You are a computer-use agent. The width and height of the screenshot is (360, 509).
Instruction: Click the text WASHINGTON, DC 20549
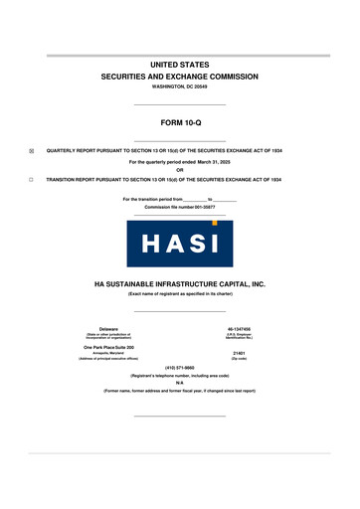coord(179,87)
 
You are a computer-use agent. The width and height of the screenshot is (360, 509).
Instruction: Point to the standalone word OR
coord(179,168)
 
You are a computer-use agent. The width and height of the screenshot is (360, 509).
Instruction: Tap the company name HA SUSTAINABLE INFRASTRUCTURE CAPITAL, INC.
coord(179,283)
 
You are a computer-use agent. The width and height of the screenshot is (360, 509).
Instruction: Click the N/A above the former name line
coord(179,386)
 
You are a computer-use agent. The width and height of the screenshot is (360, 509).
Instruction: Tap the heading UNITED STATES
coord(179,64)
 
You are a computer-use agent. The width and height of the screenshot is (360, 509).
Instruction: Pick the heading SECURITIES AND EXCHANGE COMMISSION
coord(179,76)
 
